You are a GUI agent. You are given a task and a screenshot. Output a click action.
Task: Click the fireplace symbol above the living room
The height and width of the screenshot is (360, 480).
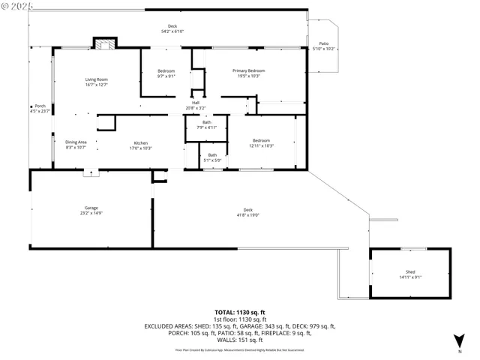[105, 43]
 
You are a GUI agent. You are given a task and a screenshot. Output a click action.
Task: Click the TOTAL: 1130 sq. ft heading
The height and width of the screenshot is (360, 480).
[240, 311]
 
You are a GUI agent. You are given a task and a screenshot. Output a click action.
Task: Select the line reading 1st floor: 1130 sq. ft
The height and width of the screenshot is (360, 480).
[240, 319]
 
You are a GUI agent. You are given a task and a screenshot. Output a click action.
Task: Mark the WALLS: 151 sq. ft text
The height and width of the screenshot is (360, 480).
[240, 340]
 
